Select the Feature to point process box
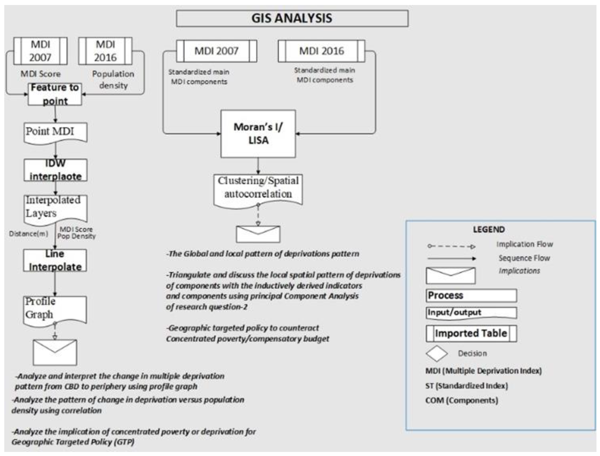55,94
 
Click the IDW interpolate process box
55,170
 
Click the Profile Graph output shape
55,310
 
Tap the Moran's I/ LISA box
258,134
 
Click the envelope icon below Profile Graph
55,352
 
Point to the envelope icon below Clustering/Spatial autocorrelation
258,234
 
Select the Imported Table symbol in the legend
471,333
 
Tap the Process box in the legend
471,295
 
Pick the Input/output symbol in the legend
471,313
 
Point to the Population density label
113,80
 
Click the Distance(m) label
29,234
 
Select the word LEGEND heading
489,230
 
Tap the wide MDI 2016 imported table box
321,51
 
